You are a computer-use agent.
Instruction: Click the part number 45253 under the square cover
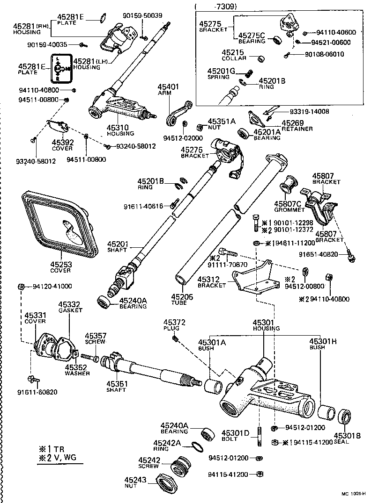[61, 264]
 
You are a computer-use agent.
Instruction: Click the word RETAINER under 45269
[297, 129]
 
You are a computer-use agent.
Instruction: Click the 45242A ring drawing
[199, 447]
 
